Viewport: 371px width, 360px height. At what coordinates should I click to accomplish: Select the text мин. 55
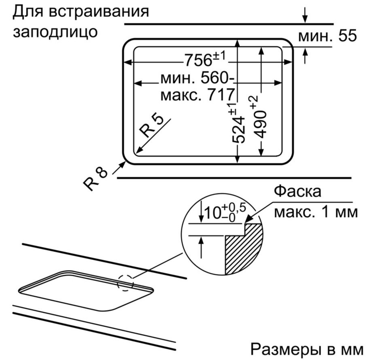[x=327, y=36]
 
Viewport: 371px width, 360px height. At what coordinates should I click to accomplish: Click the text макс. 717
[x=197, y=95]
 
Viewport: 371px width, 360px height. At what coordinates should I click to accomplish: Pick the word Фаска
[x=298, y=191]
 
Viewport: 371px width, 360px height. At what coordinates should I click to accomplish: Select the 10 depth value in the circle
[x=212, y=213]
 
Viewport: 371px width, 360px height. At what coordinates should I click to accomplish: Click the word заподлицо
[x=55, y=32]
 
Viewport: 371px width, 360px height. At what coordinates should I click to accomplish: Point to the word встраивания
[x=99, y=11]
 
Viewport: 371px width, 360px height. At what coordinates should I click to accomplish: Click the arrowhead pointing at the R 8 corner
[x=122, y=164]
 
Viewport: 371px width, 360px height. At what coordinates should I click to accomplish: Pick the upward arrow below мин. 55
[x=305, y=56]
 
